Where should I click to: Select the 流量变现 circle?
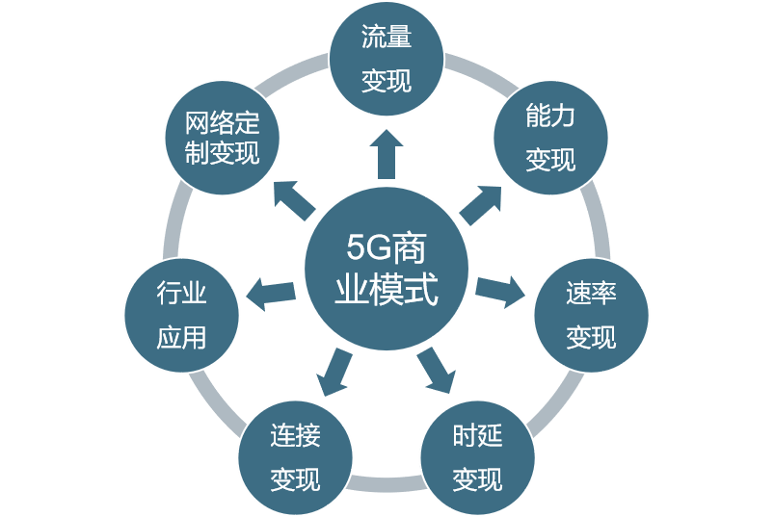click(x=387, y=60)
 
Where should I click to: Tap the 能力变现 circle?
click(x=550, y=138)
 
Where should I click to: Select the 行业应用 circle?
click(x=182, y=315)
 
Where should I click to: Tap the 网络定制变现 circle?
click(x=223, y=138)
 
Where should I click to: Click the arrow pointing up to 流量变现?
click(x=387, y=154)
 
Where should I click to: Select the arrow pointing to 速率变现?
click(x=500, y=290)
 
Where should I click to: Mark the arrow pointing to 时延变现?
click(x=436, y=370)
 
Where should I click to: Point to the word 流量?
click(x=387, y=39)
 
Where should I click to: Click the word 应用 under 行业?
click(x=182, y=337)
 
